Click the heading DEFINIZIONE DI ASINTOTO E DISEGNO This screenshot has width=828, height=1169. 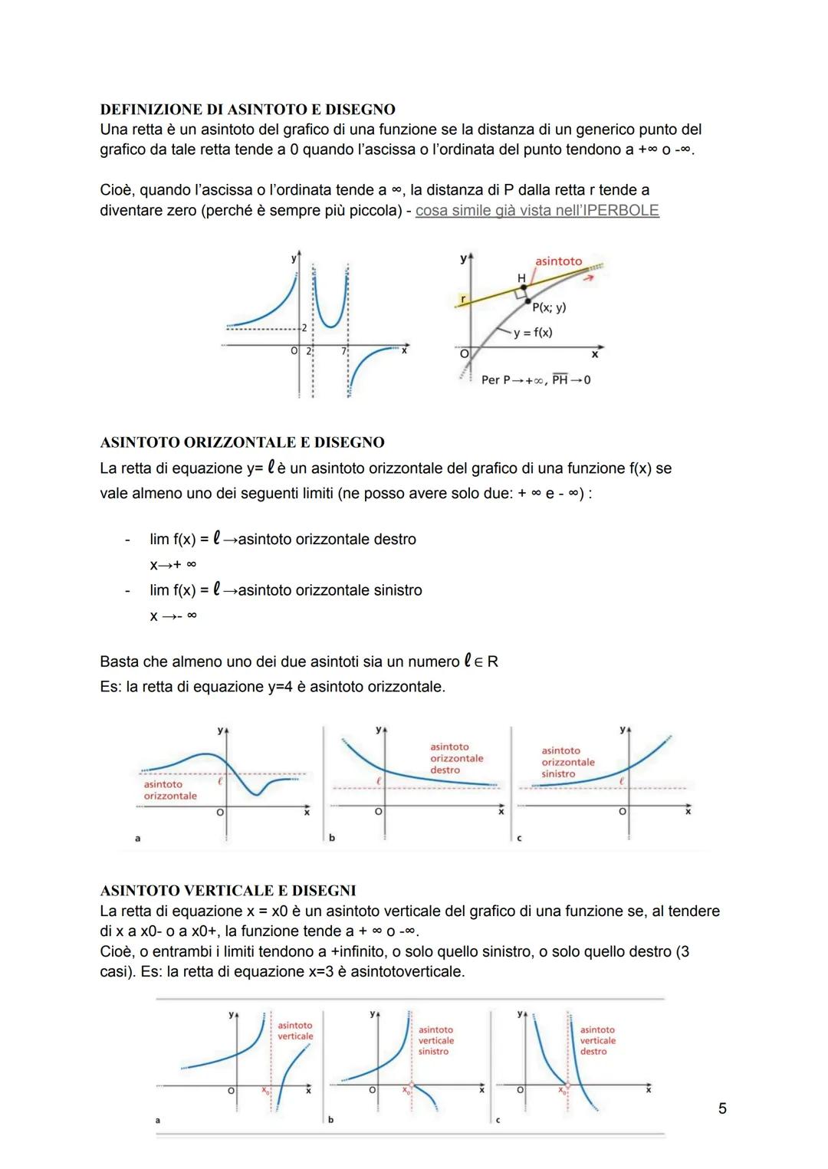(248, 109)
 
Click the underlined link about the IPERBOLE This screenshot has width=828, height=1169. (537, 210)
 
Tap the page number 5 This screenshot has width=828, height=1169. (721, 1108)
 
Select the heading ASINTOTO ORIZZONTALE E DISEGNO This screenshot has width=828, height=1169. (242, 442)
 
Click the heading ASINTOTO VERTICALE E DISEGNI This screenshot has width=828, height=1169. (228, 890)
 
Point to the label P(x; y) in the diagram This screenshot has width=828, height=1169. (549, 308)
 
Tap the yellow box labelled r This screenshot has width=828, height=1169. (463, 297)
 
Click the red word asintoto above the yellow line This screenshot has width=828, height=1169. (558, 261)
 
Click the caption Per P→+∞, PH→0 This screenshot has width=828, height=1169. (535, 380)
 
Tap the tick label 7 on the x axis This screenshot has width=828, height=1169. (343, 351)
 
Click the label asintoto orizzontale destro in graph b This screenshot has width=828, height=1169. (456, 758)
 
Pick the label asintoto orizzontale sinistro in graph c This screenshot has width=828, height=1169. (567, 762)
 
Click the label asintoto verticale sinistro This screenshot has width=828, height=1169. (435, 1040)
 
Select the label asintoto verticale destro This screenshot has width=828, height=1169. (597, 1040)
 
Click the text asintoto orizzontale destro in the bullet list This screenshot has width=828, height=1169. (327, 539)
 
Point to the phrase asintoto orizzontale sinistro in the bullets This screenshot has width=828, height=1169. (330, 590)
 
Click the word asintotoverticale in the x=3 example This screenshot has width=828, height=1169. (407, 971)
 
